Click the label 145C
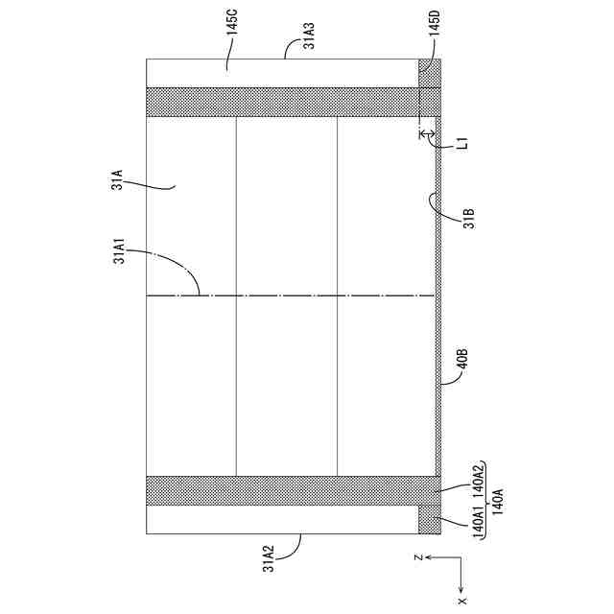pyautogui.click(x=232, y=23)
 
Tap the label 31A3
pyautogui.click(x=309, y=35)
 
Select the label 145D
pyautogui.click(x=435, y=23)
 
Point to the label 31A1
pyautogui.click(x=119, y=251)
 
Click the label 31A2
pyautogui.click(x=269, y=558)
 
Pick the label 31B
pyautogui.click(x=469, y=219)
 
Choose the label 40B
pyautogui.click(x=462, y=358)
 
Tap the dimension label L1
pyautogui.click(x=462, y=143)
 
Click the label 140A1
pyautogui.click(x=478, y=520)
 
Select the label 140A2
pyautogui.click(x=478, y=480)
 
